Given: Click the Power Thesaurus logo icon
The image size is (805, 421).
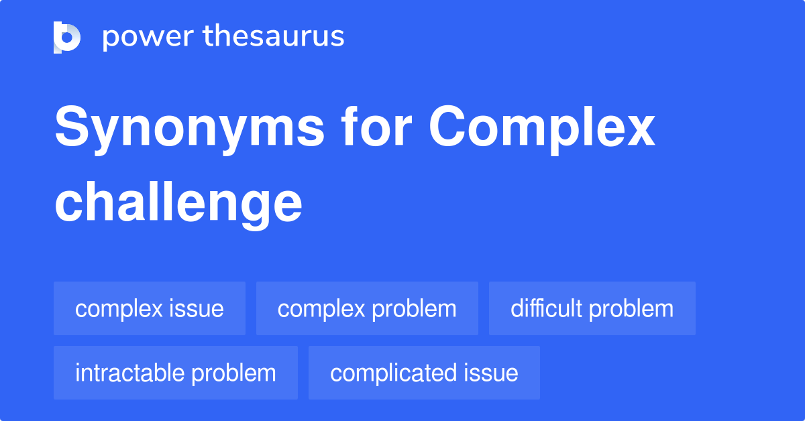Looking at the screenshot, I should (x=67, y=38).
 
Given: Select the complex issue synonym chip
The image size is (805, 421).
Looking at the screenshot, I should (x=150, y=308).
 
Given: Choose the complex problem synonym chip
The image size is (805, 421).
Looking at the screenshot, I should (x=367, y=308).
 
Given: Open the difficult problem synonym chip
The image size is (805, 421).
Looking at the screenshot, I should (x=592, y=308).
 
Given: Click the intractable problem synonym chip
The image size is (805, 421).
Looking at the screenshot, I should (x=175, y=373).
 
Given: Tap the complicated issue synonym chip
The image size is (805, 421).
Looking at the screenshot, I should (x=424, y=373).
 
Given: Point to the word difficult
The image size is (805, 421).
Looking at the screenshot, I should (x=546, y=308).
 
